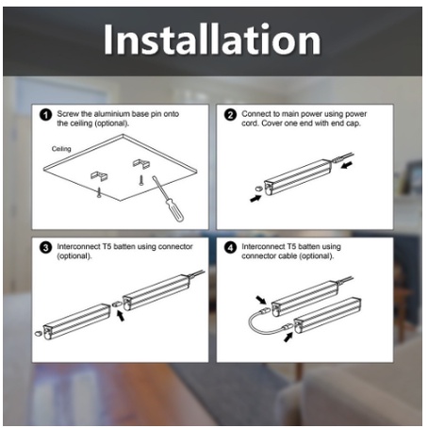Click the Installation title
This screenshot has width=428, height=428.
[212, 40]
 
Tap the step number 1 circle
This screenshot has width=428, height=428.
[45, 115]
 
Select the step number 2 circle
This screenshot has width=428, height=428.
[230, 115]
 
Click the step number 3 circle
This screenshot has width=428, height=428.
[45, 248]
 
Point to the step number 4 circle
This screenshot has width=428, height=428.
[230, 248]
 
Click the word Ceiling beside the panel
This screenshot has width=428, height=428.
[61, 149]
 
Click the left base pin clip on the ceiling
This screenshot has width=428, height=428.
[99, 175]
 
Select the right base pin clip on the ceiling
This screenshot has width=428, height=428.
[141, 163]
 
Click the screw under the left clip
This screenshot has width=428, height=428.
[99, 192]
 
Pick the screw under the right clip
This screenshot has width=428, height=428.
[141, 180]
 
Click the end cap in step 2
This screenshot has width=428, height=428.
[258, 189]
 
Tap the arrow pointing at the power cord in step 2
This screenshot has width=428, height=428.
[347, 165]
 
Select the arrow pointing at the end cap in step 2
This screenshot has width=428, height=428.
[255, 199]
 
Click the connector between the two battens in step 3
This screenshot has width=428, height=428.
[117, 304]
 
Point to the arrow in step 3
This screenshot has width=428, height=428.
[121, 316]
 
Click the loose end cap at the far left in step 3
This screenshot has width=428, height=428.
[38, 333]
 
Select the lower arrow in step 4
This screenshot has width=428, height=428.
[288, 337]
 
